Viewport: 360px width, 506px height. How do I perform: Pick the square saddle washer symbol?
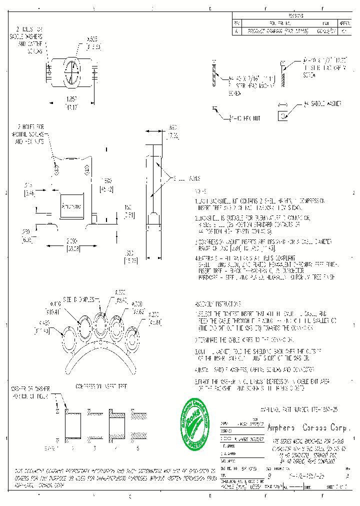pos(283,115)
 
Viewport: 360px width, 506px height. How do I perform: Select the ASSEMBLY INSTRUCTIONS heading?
pos(218,304)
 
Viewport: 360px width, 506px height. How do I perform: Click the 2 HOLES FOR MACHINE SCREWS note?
pos(28,134)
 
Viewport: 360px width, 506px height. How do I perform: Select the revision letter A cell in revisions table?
pos(237,30)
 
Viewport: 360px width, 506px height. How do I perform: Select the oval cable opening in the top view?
pos(72,73)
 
